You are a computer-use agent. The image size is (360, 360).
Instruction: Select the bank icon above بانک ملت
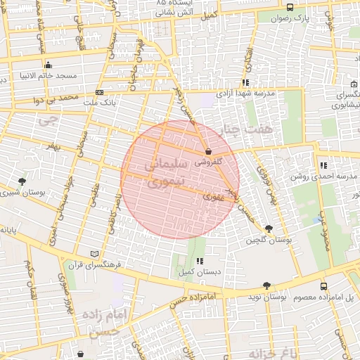coord(99,92)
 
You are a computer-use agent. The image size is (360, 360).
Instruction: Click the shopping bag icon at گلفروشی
coord(207,152)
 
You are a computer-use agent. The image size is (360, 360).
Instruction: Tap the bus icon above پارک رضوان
coord(290,6)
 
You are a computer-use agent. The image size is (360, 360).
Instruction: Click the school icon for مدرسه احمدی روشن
coord(323,165)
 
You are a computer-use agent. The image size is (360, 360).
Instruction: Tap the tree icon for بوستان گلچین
coord(269,229)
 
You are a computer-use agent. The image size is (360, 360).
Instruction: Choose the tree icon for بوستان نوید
coord(266,285)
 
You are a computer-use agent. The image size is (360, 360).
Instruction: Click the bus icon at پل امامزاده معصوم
coord(323,286)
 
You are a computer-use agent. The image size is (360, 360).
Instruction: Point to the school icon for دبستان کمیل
coord(200,261)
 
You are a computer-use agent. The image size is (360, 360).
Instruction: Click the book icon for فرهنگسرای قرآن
coord(95,254)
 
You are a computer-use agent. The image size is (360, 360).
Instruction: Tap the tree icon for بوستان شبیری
coord(22,181)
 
